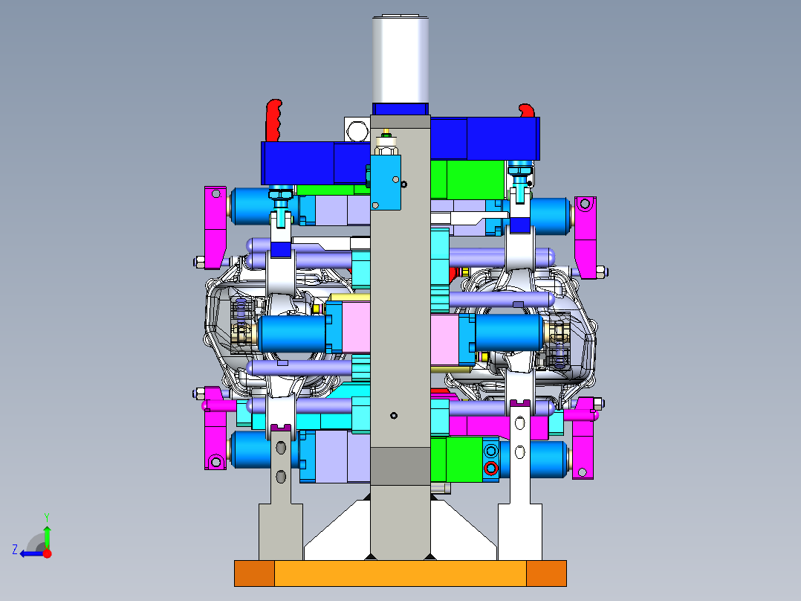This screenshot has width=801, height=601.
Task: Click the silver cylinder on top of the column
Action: [x=400, y=58]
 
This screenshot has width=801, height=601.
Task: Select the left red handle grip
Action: [x=273, y=120]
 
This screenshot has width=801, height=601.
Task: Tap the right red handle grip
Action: [x=527, y=111]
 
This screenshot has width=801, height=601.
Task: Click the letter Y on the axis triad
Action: [x=47, y=517]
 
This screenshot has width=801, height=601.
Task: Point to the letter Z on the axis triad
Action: [x=15, y=550]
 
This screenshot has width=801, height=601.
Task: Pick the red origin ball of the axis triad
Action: [x=47, y=553]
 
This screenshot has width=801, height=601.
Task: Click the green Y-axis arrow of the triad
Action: [x=47, y=536]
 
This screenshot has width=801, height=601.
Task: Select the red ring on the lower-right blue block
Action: [x=491, y=468]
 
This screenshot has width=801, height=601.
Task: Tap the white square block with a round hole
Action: [x=357, y=131]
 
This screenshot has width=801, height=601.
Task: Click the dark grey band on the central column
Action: [x=400, y=466]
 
